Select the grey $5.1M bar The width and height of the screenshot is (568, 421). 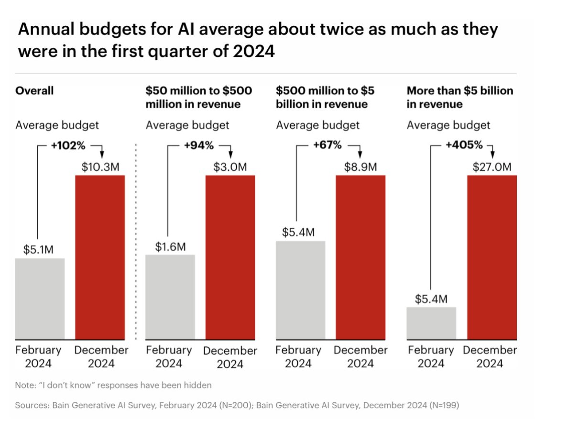click(40, 299)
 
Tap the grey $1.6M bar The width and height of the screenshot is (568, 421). click(170, 297)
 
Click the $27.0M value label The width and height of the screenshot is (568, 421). click(492, 167)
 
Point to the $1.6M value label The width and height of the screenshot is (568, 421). click(170, 247)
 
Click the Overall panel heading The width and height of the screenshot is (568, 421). click(35, 90)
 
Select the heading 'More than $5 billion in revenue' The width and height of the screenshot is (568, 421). click(459, 97)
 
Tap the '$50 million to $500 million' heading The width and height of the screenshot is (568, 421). click(198, 97)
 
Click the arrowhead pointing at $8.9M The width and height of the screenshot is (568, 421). click(360, 155)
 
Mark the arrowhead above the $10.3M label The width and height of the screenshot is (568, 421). click(100, 155)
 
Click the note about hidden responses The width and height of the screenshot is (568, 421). click(113, 385)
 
